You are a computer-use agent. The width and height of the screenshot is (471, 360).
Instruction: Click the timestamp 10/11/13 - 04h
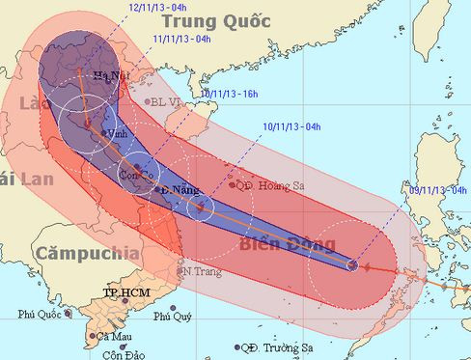pos(294,125)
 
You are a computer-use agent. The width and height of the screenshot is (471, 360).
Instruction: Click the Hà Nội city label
pos(111,76)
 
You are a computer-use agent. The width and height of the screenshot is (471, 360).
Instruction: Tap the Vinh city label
pos(117,134)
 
